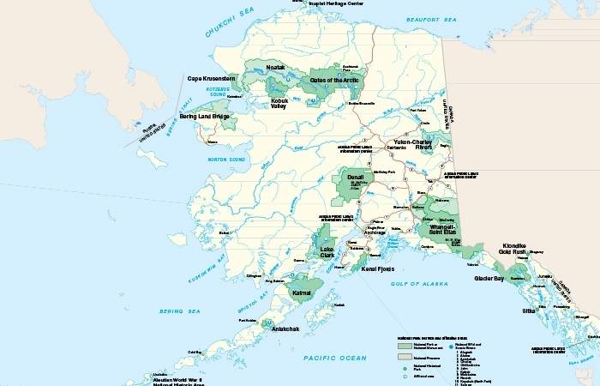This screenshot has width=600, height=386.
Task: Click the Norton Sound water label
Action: point(226,159)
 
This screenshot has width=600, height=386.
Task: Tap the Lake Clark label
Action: point(327,251)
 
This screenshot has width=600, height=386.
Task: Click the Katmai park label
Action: point(302,293)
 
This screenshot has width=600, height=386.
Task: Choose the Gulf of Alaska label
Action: point(415,282)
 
